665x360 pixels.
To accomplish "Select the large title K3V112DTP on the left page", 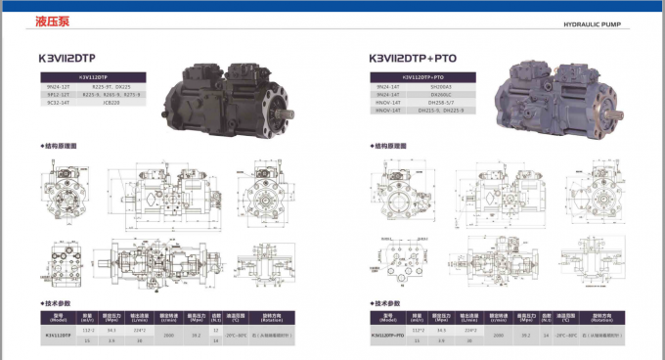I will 73,58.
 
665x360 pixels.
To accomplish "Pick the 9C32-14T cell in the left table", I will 58,103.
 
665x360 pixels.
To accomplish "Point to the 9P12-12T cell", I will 58,94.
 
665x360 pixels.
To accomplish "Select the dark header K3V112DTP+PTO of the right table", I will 422,76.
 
